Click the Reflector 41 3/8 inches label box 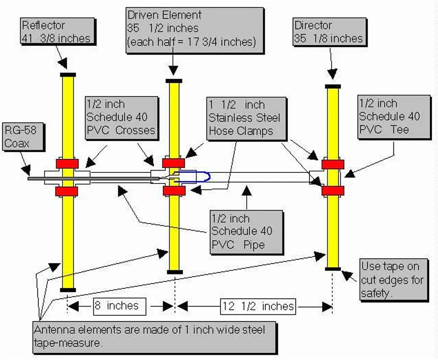58,31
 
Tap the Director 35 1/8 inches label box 328,32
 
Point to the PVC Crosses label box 121,118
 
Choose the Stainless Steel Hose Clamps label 244,118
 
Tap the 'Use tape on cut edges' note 392,280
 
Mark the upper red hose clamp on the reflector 68,163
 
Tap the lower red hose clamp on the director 333,191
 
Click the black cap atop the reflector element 68,74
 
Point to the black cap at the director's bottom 333,269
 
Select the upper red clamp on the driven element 174,162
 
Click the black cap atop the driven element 174,81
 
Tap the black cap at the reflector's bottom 68,290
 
